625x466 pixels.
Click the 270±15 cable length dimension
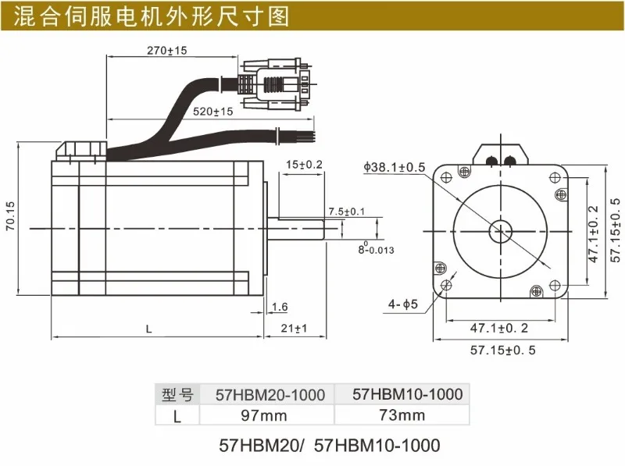pos(166,51)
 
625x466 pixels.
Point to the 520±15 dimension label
pos(212,112)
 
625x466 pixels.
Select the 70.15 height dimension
pos(10,215)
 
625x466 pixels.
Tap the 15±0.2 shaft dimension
pos(304,165)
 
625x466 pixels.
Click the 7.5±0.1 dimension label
pos(346,211)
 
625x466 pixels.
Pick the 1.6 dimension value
pos(280,307)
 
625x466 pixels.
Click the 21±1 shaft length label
pos(294,328)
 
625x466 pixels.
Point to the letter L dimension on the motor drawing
pos(148,329)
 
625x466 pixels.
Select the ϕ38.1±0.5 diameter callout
pos(395,167)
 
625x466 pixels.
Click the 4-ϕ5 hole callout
pos(403,304)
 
